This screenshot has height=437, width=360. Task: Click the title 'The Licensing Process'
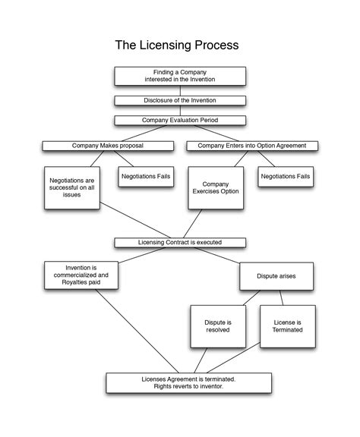(x=177, y=46)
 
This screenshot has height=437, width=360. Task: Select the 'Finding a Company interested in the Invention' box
(x=180, y=76)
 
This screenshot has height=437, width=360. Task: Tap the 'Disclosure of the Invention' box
(x=180, y=100)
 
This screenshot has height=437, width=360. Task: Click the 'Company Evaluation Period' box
(x=180, y=120)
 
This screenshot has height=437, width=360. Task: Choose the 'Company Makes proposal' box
(x=107, y=146)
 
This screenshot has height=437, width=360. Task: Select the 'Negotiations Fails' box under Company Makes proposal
(x=146, y=176)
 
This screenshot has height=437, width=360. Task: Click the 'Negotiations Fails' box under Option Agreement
(x=285, y=176)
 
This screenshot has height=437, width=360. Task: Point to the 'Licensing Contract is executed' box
(x=180, y=243)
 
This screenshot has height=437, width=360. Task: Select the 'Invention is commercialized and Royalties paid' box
(x=82, y=275)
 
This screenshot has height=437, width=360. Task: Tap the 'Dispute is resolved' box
(x=218, y=326)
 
